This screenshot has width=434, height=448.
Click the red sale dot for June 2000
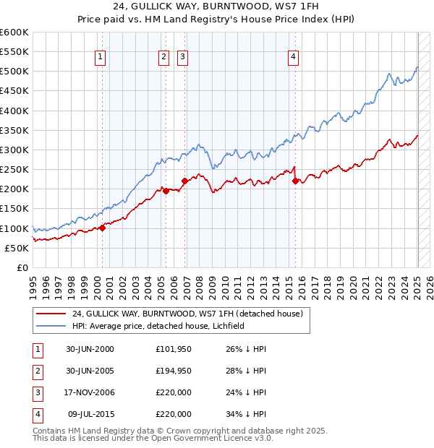pyautogui.click(x=102, y=228)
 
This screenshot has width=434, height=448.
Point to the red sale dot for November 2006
pyautogui.click(x=184, y=181)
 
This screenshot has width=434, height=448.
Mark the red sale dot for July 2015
pyautogui.click(x=295, y=181)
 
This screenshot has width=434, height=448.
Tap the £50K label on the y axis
pyautogui.click(x=17, y=248)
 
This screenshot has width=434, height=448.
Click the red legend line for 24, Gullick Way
pyautogui.click(x=51, y=314)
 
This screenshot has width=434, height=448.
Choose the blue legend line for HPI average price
pyautogui.click(x=51, y=326)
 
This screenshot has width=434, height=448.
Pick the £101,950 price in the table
pyautogui.click(x=173, y=349)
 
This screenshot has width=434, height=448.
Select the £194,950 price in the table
pyautogui.click(x=173, y=371)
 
